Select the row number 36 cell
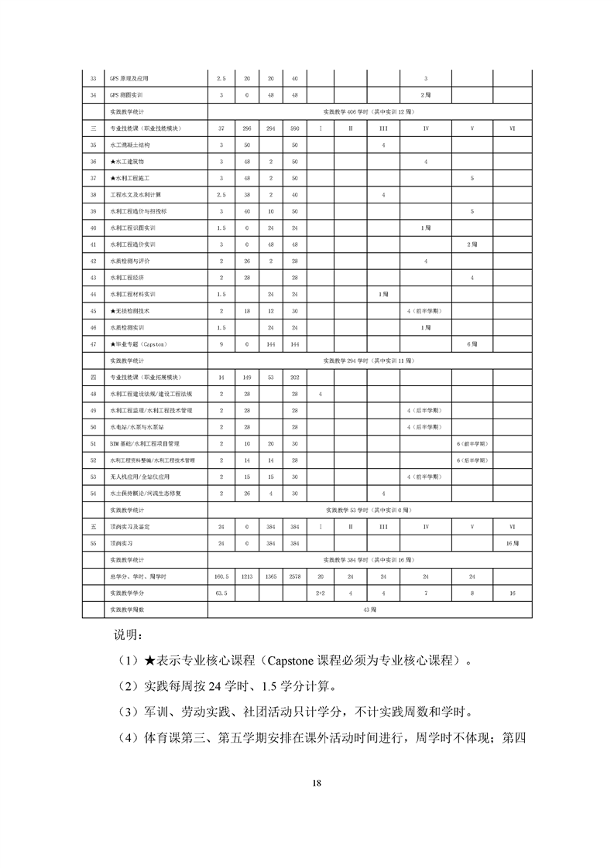pyautogui.click(x=93, y=162)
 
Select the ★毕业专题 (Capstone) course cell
pyautogui.click(x=139, y=343)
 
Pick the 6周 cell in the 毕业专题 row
pyautogui.click(x=472, y=343)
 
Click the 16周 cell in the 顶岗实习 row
pyautogui.click(x=512, y=543)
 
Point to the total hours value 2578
pyautogui.click(x=294, y=576)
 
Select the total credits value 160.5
pyautogui.click(x=221, y=576)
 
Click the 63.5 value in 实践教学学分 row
pyautogui.click(x=221, y=593)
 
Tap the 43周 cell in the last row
pyautogui.click(x=370, y=610)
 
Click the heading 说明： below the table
pyautogui.click(x=129, y=636)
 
